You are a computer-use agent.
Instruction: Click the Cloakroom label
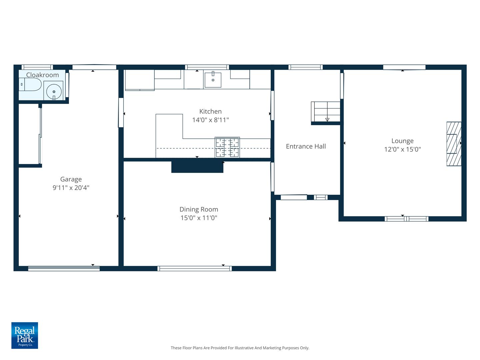42,75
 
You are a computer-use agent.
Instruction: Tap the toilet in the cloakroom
30,85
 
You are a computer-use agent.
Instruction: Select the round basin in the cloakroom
54,91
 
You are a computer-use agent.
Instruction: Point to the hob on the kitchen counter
227,147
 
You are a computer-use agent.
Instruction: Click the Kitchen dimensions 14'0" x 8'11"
210,120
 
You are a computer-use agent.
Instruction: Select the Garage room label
71,179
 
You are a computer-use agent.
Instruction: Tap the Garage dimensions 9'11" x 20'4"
71,188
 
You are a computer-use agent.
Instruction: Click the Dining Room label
199,209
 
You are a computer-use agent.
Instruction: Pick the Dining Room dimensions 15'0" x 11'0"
199,218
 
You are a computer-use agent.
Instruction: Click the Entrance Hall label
306,146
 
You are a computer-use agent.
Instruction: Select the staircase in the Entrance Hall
326,112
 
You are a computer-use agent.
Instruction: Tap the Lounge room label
402,141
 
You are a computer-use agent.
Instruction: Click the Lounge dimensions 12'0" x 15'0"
402,149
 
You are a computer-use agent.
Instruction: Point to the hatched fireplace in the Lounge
454,144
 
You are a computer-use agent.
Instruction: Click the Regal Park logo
25,335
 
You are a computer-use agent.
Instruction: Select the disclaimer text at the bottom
240,348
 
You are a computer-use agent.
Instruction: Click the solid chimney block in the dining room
197,166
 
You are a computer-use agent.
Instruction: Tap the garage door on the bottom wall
64,269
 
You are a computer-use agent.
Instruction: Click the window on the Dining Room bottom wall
195,269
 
